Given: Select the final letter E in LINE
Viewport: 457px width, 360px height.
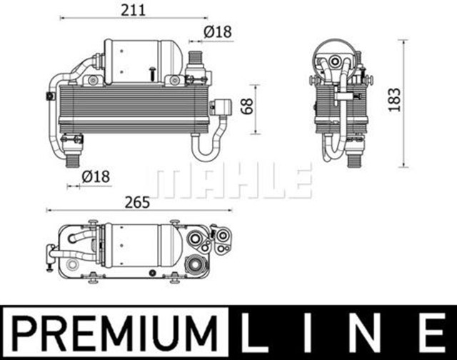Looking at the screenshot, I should (x=432, y=334).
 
